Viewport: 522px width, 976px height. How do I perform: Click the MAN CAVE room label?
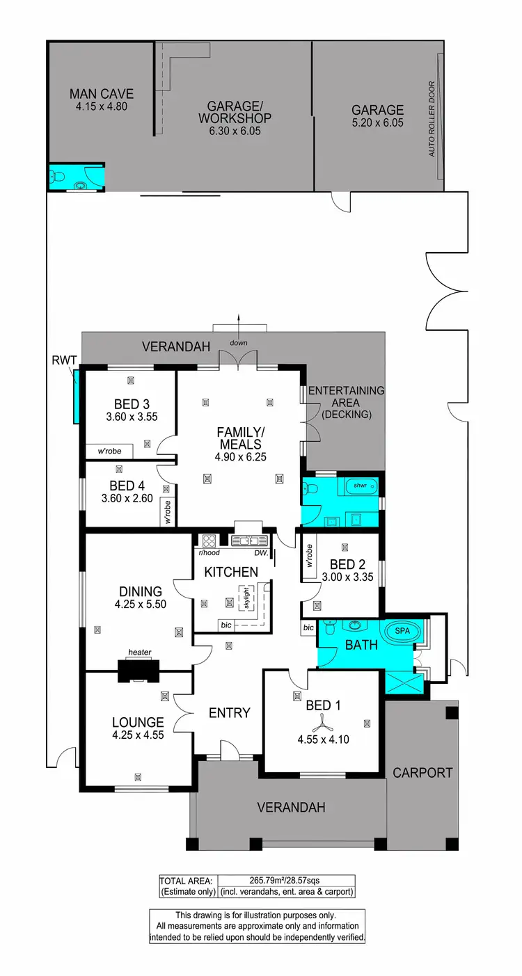point(101,94)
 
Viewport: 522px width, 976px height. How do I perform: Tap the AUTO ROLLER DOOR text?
point(432,119)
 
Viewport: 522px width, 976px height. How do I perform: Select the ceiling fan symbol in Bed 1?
point(323,721)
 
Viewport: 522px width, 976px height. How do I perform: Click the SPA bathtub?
point(403,630)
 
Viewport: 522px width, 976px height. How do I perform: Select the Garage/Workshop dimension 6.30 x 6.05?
point(235,130)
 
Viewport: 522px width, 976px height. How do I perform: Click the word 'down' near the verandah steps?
point(239,342)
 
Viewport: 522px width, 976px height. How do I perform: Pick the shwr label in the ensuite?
point(360,485)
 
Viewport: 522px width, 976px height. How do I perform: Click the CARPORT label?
point(422,772)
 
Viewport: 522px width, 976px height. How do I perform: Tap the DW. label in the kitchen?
point(261,554)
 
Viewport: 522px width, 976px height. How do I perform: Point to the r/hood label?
point(209,554)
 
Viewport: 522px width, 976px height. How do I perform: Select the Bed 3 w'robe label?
point(109,451)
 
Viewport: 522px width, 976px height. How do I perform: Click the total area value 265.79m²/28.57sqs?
point(286,880)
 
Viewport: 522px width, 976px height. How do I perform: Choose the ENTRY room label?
point(229,712)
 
